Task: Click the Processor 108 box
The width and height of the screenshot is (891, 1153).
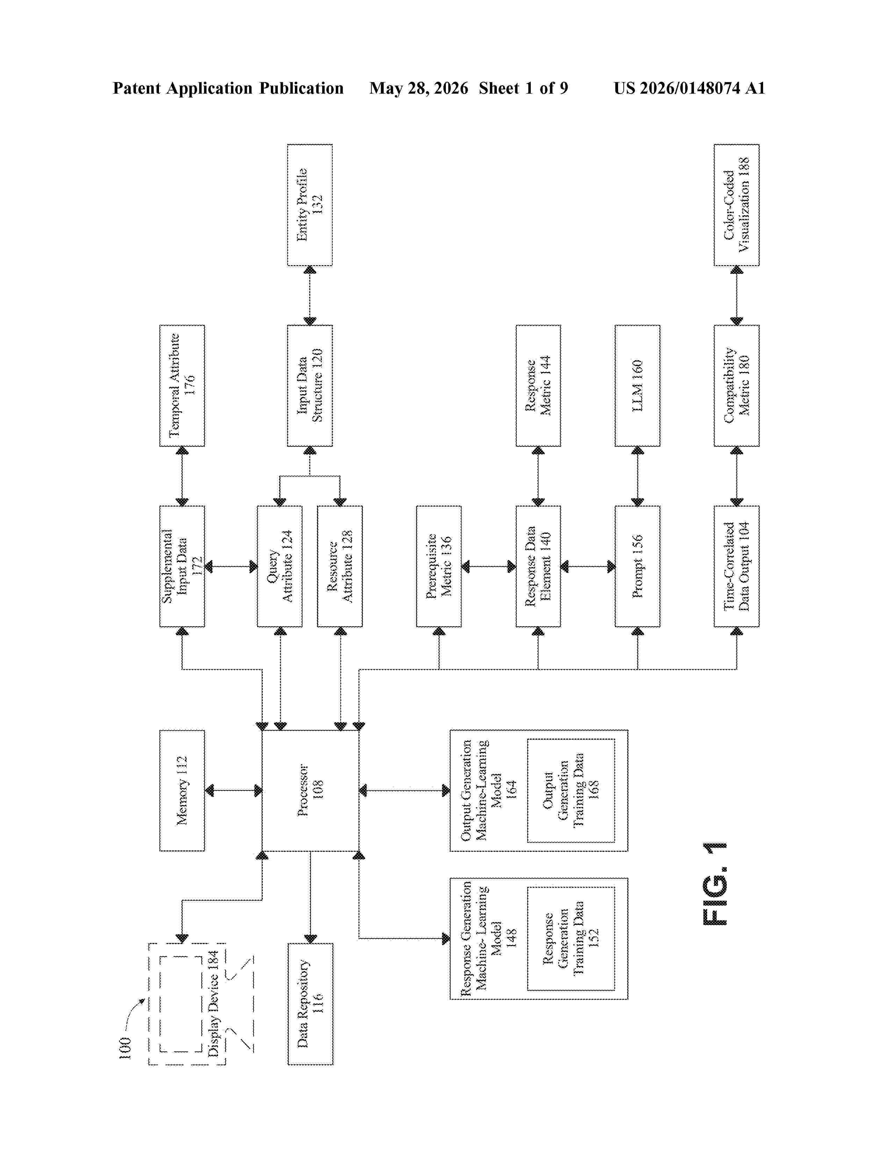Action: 310,790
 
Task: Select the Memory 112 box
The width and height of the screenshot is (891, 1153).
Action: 182,790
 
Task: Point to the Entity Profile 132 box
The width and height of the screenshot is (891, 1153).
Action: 310,205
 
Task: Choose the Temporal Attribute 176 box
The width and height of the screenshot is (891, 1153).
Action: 182,385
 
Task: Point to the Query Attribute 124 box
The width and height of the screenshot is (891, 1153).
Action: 280,566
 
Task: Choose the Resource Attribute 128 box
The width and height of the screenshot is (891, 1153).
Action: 340,566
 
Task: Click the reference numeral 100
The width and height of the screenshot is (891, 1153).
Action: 125,1048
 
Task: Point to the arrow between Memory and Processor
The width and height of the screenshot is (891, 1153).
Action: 233,790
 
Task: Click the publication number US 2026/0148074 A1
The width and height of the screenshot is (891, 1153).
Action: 689,88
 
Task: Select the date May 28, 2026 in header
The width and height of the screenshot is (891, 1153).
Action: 419,88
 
